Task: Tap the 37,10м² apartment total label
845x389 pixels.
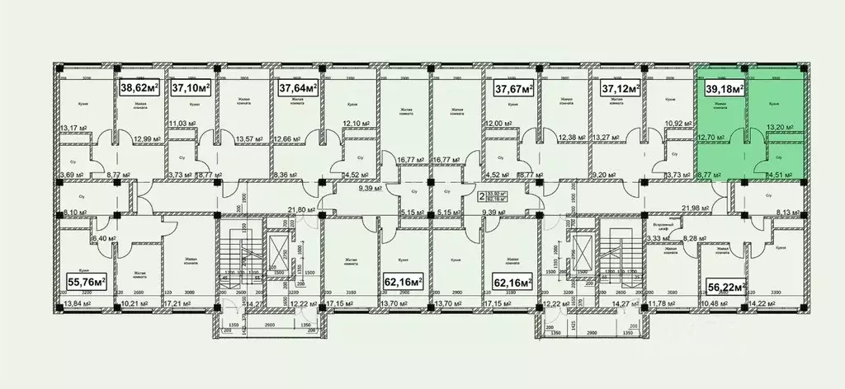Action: point(191,86)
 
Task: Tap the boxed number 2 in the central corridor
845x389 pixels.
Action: point(481,196)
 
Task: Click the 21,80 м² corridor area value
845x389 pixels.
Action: point(298,209)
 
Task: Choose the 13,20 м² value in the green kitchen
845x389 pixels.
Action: point(779,128)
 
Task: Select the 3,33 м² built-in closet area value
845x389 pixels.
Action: point(657,238)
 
